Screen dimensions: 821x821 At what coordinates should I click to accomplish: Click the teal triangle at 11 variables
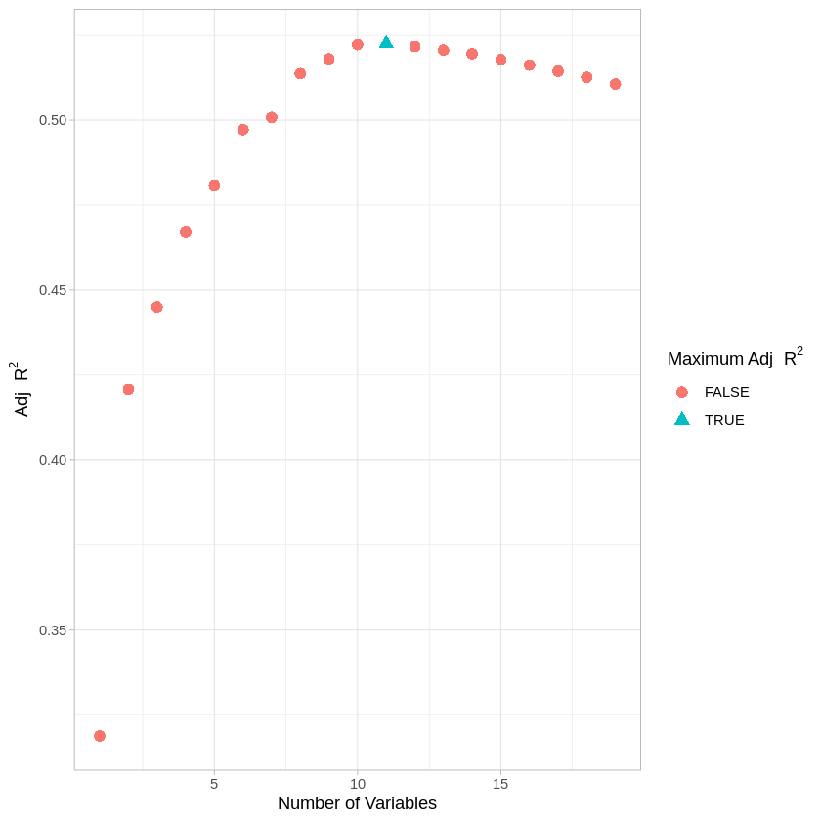386,43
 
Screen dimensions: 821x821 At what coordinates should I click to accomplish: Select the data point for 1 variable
100,736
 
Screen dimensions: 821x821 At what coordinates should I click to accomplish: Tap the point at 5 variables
214,185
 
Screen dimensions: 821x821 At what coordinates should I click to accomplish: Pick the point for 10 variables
358,44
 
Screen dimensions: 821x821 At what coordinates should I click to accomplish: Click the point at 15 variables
500,60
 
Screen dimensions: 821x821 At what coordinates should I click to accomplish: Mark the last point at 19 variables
615,84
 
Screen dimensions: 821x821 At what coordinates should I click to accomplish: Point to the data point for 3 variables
157,307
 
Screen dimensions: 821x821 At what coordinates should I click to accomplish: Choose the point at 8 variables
300,73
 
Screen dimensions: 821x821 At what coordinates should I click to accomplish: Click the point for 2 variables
128,389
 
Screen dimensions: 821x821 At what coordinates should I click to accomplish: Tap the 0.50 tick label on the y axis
53,120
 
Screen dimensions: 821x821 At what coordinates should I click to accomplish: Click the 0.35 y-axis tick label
53,630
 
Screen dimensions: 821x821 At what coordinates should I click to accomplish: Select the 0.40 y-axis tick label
53,460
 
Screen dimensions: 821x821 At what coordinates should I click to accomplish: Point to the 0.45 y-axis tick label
53,290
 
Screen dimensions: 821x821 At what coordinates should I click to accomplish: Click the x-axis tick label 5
214,784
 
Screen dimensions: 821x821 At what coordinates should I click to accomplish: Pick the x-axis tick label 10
358,784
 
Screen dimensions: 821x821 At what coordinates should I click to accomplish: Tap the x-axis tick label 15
500,784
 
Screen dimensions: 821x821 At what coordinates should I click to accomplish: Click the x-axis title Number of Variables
357,803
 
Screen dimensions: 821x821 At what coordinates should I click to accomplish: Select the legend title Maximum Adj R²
734,358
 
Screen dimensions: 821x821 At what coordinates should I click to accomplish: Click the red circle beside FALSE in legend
682,392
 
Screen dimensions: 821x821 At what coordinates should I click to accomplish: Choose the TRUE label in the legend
724,420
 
